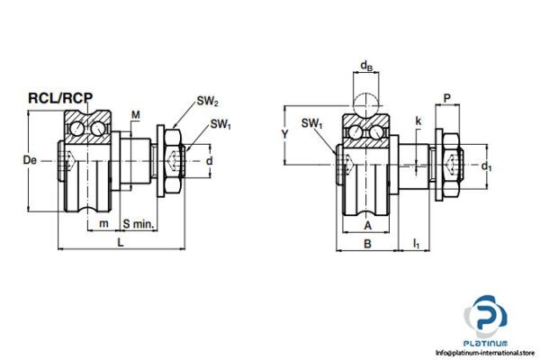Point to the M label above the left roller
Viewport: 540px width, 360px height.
click(x=135, y=114)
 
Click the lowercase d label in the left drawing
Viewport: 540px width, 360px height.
click(x=210, y=161)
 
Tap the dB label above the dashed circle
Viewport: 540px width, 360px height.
click(x=367, y=66)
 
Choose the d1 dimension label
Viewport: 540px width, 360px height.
click(x=487, y=166)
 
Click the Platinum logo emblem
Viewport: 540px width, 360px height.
click(x=488, y=318)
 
